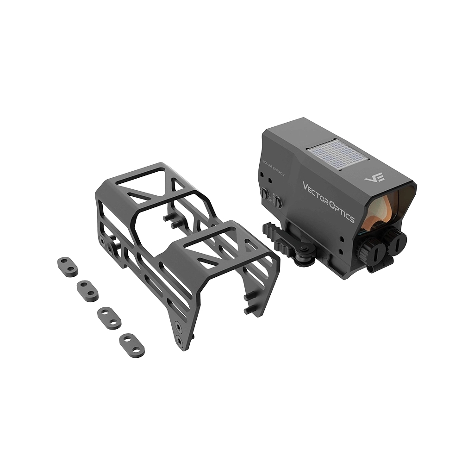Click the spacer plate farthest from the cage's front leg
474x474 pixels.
[x=68, y=267]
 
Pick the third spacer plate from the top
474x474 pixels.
[x=109, y=318]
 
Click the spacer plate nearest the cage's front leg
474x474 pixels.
[x=132, y=345]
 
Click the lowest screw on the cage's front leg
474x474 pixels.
[x=178, y=341]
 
